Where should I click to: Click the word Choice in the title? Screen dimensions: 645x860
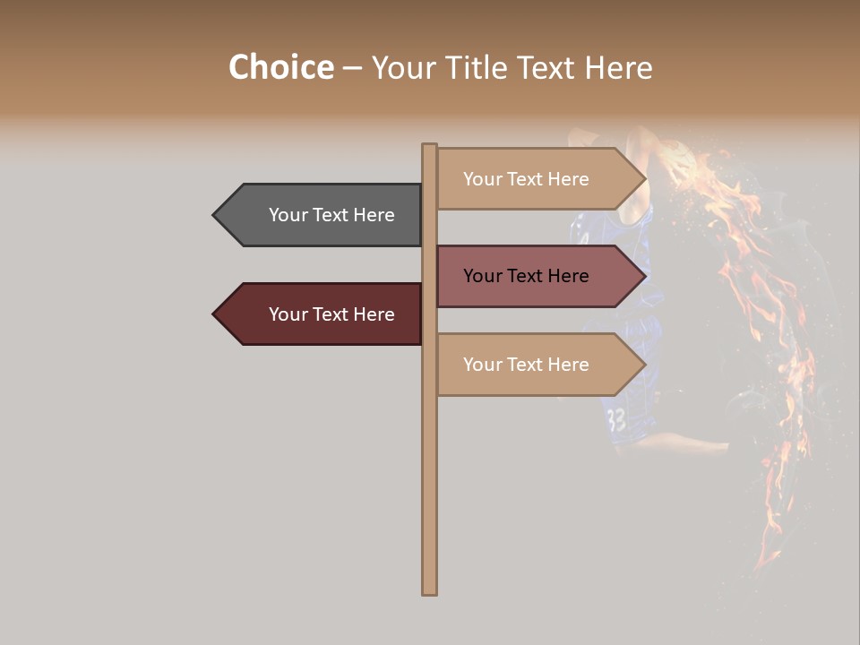280,68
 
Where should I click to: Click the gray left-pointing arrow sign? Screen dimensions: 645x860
318,215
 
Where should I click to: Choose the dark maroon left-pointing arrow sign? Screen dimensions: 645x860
318,314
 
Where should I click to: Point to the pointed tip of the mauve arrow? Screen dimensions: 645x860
643,276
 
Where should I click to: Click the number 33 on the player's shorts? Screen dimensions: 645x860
615,418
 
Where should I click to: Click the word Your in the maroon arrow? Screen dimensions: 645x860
288,314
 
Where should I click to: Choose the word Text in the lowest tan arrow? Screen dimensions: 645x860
525,365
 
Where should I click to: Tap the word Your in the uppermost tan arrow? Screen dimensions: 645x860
483,179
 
